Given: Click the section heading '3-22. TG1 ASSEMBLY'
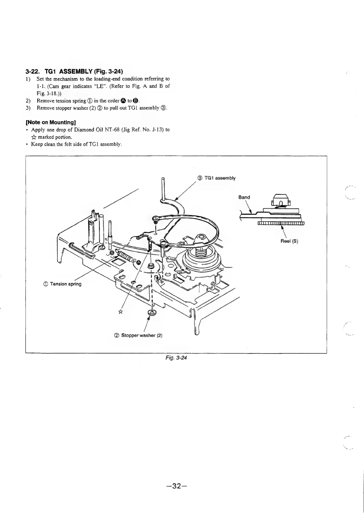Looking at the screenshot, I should point(74,72).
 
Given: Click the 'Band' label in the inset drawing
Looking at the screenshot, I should point(244,197).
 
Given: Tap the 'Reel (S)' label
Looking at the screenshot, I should point(289,241).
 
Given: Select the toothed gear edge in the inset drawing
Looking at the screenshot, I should point(281,223).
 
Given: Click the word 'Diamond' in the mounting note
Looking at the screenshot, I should point(79,130).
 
